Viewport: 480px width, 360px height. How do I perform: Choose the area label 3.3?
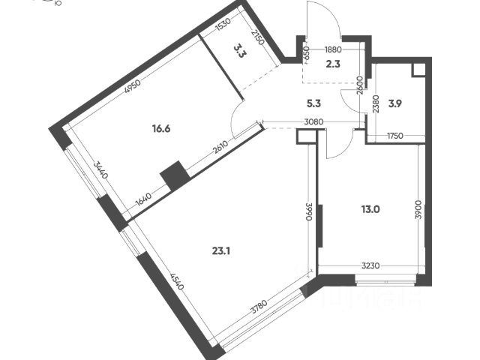click(239, 51)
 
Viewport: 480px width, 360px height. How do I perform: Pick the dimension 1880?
click(334, 51)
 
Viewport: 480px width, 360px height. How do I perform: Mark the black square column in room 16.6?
click(175, 175)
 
